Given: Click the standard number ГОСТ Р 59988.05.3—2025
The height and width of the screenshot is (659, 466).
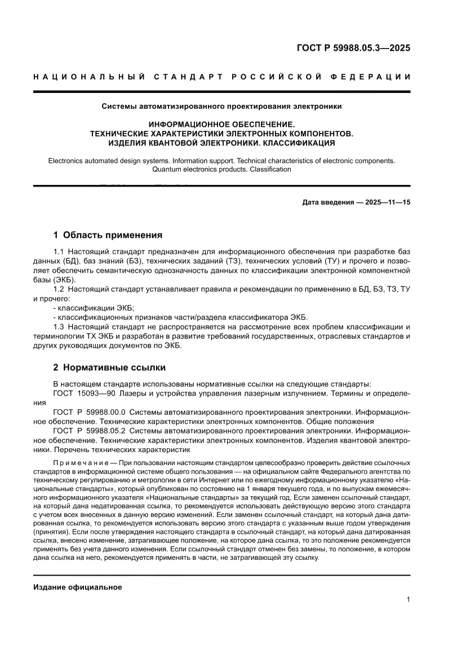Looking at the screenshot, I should click(x=353, y=48).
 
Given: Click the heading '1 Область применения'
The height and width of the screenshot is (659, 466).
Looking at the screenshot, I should click(x=108, y=235).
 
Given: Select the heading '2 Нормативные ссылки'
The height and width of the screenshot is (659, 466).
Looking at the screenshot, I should click(x=109, y=368).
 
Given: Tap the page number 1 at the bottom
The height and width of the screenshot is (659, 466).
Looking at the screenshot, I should click(x=408, y=599).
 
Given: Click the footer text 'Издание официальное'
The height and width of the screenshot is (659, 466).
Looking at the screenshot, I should click(x=78, y=587).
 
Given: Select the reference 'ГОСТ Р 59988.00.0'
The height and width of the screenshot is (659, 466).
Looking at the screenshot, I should click(x=90, y=412).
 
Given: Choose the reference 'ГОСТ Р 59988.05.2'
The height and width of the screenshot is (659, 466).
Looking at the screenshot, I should click(x=90, y=431).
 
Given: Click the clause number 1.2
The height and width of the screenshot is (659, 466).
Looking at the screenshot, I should click(x=59, y=289).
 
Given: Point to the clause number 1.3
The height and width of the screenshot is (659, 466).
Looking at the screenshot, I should click(x=59, y=327).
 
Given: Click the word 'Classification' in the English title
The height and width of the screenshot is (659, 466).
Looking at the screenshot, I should click(x=268, y=169).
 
